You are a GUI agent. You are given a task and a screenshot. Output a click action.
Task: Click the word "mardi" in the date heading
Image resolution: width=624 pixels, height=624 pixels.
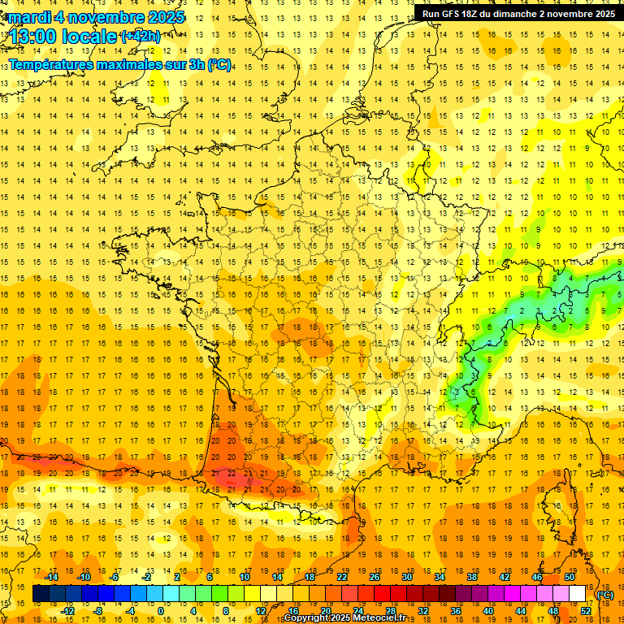point(29,17)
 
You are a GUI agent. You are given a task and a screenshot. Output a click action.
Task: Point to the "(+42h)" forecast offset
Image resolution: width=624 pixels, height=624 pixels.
point(141,37)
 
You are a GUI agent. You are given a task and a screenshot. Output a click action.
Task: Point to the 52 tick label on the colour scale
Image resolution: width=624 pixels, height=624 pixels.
point(586,610)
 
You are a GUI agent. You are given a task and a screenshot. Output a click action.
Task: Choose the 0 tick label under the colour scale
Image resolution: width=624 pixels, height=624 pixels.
point(161,610)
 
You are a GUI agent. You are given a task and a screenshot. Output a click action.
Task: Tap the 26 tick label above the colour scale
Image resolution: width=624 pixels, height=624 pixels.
point(375,577)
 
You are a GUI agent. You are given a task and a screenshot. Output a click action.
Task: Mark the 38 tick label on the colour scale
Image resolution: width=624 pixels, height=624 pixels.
point(472,577)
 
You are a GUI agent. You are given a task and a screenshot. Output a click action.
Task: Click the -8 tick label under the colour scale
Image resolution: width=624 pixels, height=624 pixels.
point(99,610)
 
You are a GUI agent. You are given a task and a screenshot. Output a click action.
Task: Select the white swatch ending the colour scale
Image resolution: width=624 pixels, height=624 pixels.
point(578,594)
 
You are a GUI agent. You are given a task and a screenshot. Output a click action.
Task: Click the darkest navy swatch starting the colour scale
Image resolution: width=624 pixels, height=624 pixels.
point(41,594)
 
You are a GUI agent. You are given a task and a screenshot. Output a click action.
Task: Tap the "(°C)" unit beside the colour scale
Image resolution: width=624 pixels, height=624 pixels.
point(605,594)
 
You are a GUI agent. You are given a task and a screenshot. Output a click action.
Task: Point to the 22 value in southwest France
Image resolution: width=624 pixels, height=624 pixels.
point(232,473)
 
